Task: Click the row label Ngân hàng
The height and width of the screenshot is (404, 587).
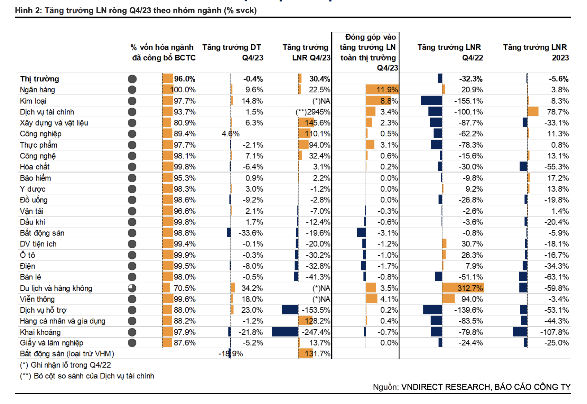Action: pyautogui.click(x=37, y=90)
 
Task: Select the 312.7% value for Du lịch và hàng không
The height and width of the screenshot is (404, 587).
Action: pyautogui.click(x=470, y=288)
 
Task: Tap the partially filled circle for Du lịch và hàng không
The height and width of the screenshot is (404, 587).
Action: pyautogui.click(x=132, y=288)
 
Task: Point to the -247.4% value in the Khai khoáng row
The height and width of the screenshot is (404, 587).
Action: pyautogui.click(x=316, y=332)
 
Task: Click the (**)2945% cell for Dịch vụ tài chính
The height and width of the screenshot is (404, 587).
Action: pyautogui.click(x=313, y=112)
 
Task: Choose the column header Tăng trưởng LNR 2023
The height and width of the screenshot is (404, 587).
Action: pyautogui.click(x=535, y=53)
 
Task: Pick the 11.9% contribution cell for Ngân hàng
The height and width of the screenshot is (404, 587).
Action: pyautogui.click(x=387, y=90)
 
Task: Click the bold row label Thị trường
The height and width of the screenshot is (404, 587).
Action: pyautogui.click(x=39, y=79)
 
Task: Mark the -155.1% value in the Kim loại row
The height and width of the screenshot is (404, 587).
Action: pyautogui.click(x=468, y=101)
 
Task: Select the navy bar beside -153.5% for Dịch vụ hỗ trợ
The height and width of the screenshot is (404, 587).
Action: pyautogui.click(x=290, y=310)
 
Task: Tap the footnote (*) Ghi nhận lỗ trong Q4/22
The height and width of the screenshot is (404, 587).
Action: pyautogui.click(x=66, y=365)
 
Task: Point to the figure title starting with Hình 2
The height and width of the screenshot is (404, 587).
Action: pyautogui.click(x=136, y=10)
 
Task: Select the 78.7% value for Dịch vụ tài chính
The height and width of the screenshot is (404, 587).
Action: pyautogui.click(x=558, y=112)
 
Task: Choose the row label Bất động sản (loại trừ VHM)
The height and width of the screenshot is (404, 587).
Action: pyautogui.click(x=67, y=353)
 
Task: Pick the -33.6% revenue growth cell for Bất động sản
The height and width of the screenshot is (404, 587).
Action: pyautogui.click(x=251, y=233)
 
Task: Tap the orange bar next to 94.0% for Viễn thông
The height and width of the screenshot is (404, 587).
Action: pyautogui.click(x=448, y=299)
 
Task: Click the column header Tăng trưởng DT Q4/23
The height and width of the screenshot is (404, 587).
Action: pyautogui.click(x=233, y=53)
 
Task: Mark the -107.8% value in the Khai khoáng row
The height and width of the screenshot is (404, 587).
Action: pyautogui.click(x=555, y=332)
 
